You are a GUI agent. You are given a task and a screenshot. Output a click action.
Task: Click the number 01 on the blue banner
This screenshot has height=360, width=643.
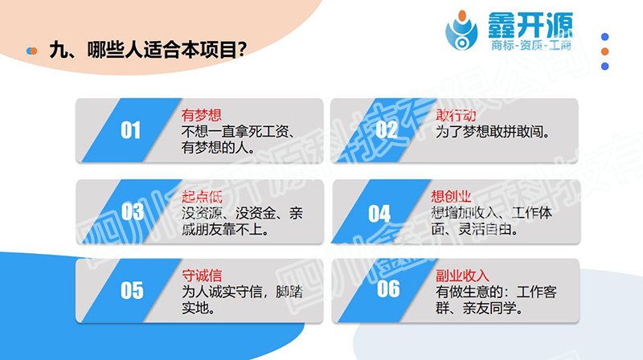tap(130, 131)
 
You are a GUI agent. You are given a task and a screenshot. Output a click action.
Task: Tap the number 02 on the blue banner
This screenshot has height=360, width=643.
tap(387, 130)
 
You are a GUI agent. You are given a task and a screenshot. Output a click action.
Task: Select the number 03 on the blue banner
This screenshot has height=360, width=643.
tap(132, 211)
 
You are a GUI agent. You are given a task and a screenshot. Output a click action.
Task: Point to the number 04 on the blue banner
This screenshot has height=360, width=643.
tap(379, 213)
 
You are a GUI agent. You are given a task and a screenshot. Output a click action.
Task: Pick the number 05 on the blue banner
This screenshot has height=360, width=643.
tap(132, 290)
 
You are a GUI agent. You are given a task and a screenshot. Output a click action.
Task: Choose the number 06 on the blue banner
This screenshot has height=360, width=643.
tap(388, 288)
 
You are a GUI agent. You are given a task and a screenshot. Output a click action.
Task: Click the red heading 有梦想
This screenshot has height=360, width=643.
tap(201, 114)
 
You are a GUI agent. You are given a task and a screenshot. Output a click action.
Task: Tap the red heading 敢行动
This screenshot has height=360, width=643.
tap(455, 114)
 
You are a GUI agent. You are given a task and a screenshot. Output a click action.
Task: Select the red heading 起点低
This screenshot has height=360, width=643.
tap(201, 196)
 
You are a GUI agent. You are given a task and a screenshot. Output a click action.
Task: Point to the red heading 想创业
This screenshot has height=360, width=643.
tap(450, 196)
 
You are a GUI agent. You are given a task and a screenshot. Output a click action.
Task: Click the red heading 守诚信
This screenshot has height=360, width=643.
tap(201, 274)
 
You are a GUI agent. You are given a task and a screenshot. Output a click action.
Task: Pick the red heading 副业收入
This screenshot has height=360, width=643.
tap(462, 275)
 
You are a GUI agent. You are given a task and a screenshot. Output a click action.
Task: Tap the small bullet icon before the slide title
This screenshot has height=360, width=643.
tap(31, 50)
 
